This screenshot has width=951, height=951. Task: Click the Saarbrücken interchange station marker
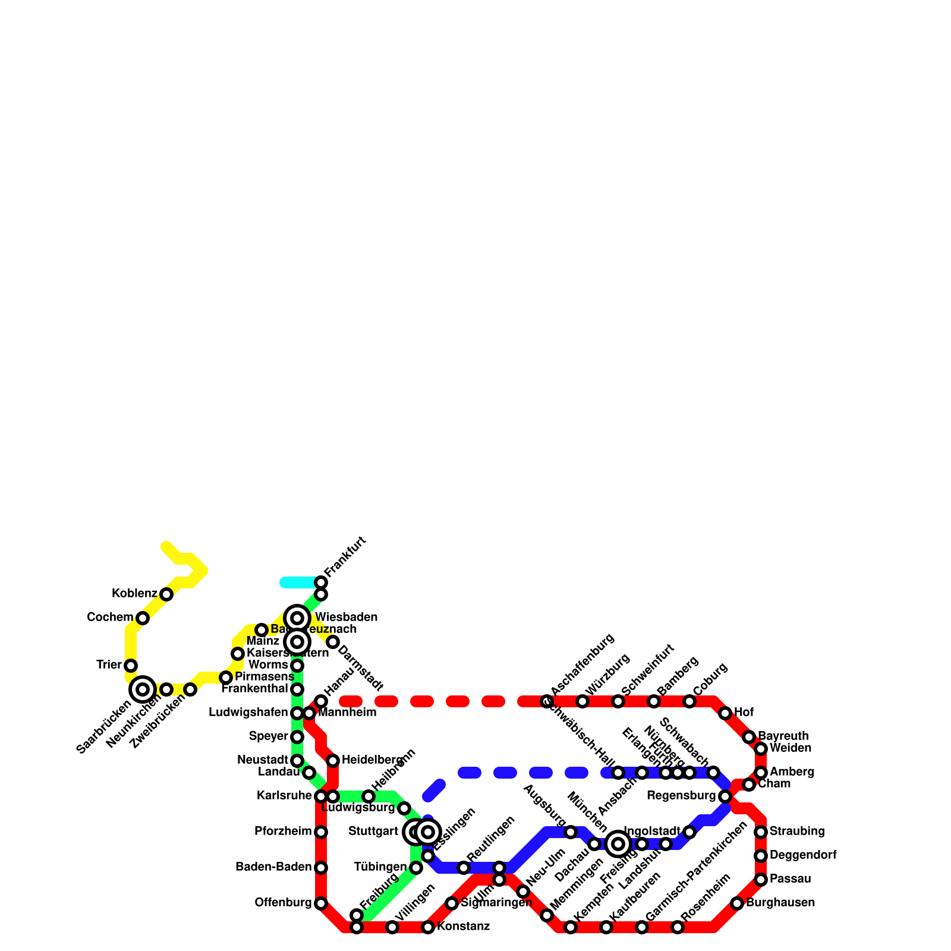(x=143, y=689)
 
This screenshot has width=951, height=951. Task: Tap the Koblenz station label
(x=134, y=594)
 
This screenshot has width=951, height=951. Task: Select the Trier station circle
(x=131, y=666)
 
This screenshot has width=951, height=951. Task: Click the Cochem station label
(x=110, y=618)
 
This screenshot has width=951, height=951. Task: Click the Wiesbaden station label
(x=346, y=618)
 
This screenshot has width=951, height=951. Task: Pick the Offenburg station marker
(x=321, y=903)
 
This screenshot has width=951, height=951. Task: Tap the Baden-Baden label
(x=273, y=868)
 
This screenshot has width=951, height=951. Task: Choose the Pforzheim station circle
(x=321, y=832)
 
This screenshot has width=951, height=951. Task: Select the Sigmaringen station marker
(x=452, y=903)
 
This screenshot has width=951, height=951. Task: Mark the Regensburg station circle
(x=725, y=796)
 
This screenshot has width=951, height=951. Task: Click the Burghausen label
(x=780, y=903)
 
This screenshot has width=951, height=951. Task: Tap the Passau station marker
(x=761, y=880)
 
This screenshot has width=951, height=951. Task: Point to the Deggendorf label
(x=803, y=856)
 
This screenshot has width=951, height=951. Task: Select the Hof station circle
(x=725, y=713)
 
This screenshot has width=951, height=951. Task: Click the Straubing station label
(x=797, y=832)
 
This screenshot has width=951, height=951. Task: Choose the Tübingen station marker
(x=416, y=868)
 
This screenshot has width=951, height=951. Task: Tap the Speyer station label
(x=268, y=737)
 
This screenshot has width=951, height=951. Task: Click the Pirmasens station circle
(x=226, y=678)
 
